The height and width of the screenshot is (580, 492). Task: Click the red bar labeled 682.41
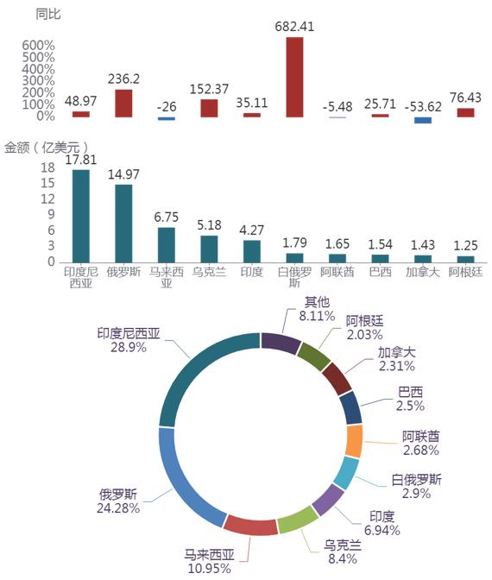(294, 77)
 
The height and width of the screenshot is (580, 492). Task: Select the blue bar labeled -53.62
(423, 120)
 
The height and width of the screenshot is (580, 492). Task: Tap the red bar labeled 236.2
(123, 104)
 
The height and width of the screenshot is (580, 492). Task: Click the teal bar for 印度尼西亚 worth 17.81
(80, 216)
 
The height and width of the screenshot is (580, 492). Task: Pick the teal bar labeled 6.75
(167, 245)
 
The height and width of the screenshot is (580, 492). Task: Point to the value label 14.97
(123, 174)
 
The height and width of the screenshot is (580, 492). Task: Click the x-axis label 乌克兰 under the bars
(209, 272)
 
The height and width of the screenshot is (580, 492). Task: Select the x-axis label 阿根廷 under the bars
(466, 272)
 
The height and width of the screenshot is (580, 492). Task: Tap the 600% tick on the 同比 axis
(38, 46)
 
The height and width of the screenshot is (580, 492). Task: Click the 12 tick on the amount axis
(47, 199)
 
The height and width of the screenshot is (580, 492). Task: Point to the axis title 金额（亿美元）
(47, 148)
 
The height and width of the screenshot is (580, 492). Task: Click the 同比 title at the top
(48, 15)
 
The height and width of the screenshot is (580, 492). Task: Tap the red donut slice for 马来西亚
(251, 525)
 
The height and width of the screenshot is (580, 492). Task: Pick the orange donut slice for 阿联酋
(354, 441)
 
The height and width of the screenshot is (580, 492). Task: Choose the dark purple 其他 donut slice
(281, 343)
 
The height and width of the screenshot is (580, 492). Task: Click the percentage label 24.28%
(118, 508)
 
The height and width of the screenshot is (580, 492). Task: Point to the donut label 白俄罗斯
(417, 480)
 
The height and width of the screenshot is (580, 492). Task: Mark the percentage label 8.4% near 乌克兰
(343, 558)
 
